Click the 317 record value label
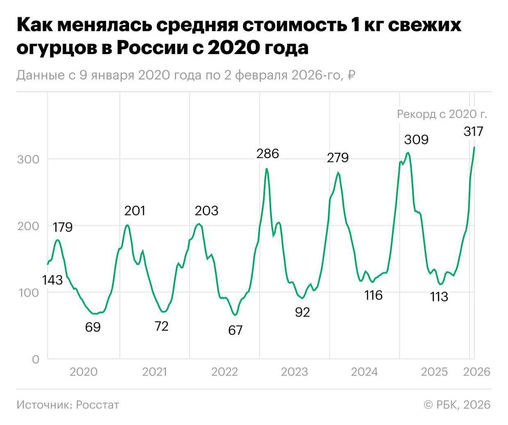point(473,132)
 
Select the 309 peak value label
point(416,140)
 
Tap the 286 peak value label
point(268,154)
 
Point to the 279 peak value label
point(337,158)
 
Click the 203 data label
point(207,211)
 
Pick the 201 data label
point(135,211)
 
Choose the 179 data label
point(63,227)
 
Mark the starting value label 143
point(52,280)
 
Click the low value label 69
point(93,327)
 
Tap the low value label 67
point(235,330)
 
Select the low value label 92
point(302,313)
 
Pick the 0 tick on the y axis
point(35,359)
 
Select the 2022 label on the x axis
point(224,372)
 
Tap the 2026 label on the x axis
point(477,372)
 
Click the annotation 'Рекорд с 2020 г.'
point(442,114)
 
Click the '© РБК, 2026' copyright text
point(457,405)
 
